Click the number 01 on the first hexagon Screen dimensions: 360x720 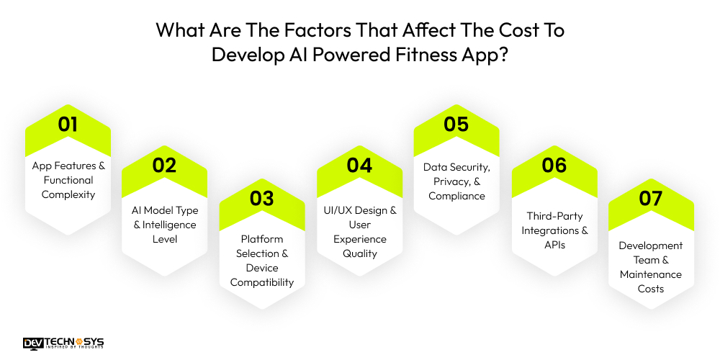click(x=68, y=124)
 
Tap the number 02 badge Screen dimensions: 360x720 click(x=165, y=165)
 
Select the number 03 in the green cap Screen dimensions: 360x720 click(x=262, y=197)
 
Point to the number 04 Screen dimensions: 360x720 click(x=359, y=165)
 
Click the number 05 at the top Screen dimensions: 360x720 click(x=456, y=124)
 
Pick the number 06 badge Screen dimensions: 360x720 click(x=554, y=165)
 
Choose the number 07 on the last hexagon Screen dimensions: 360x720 click(x=651, y=197)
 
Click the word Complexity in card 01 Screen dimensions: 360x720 click(x=68, y=194)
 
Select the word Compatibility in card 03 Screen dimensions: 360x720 click(x=262, y=282)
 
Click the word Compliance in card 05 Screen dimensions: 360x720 click(x=456, y=196)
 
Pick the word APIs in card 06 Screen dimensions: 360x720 click(x=554, y=245)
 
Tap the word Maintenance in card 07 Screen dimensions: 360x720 click(x=651, y=274)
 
